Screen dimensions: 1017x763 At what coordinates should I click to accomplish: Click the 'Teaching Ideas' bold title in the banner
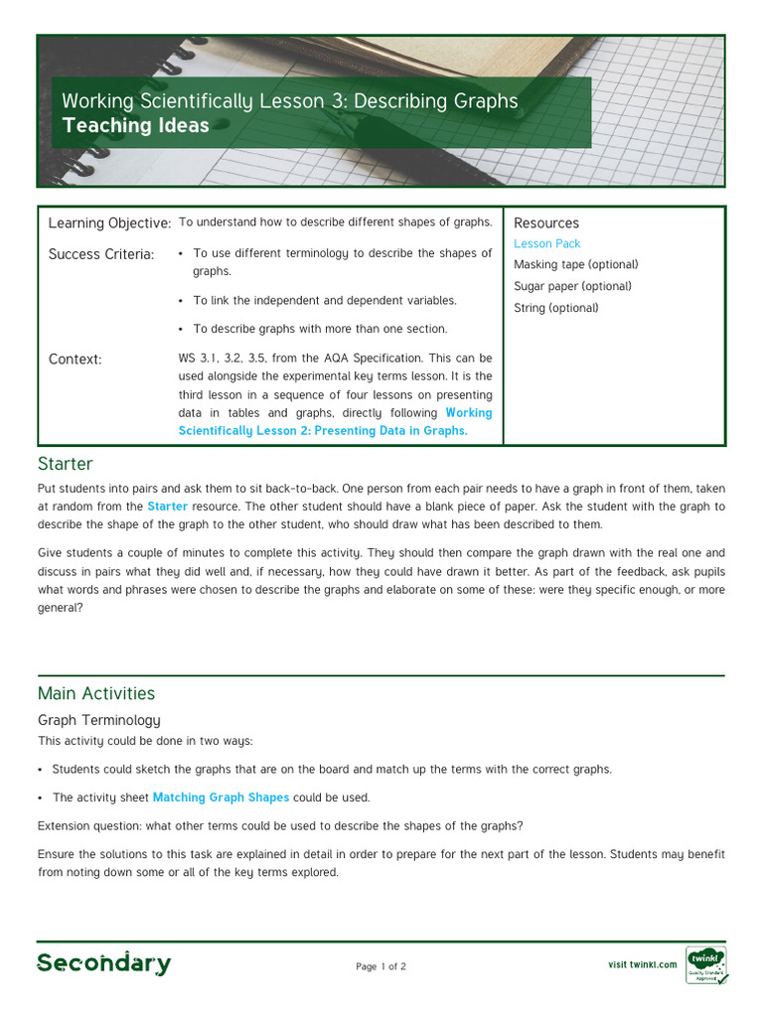(135, 126)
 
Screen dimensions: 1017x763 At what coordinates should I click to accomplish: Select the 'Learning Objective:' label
(109, 223)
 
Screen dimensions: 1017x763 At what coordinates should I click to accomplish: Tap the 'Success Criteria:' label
(101, 255)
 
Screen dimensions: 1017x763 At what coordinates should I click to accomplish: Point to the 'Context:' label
(76, 360)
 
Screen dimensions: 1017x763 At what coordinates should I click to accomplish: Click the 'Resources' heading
(546, 223)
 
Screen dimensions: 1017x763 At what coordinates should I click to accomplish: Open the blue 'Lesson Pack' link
(546, 244)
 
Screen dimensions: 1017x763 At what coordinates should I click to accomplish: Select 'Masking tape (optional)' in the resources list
(575, 265)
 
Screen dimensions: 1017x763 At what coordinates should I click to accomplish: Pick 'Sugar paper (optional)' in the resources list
(572, 287)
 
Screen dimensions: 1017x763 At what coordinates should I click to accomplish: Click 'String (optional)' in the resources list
(556, 308)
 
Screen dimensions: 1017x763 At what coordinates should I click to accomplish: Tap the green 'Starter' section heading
(66, 464)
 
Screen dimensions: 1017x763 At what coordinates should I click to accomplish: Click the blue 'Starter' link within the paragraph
(167, 507)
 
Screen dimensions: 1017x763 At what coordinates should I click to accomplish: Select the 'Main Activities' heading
(96, 693)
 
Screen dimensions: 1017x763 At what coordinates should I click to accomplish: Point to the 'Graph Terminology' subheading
(98, 720)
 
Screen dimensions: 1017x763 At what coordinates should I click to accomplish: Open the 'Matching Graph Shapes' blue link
(221, 798)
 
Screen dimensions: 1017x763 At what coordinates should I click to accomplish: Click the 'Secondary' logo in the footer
(104, 963)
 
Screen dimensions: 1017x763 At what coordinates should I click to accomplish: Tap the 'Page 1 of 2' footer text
(381, 967)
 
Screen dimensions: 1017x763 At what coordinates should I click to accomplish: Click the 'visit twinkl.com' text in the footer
(642, 964)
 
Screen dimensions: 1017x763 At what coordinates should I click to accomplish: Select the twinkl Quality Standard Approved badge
(705, 964)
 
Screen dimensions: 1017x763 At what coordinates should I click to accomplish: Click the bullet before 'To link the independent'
(181, 301)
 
